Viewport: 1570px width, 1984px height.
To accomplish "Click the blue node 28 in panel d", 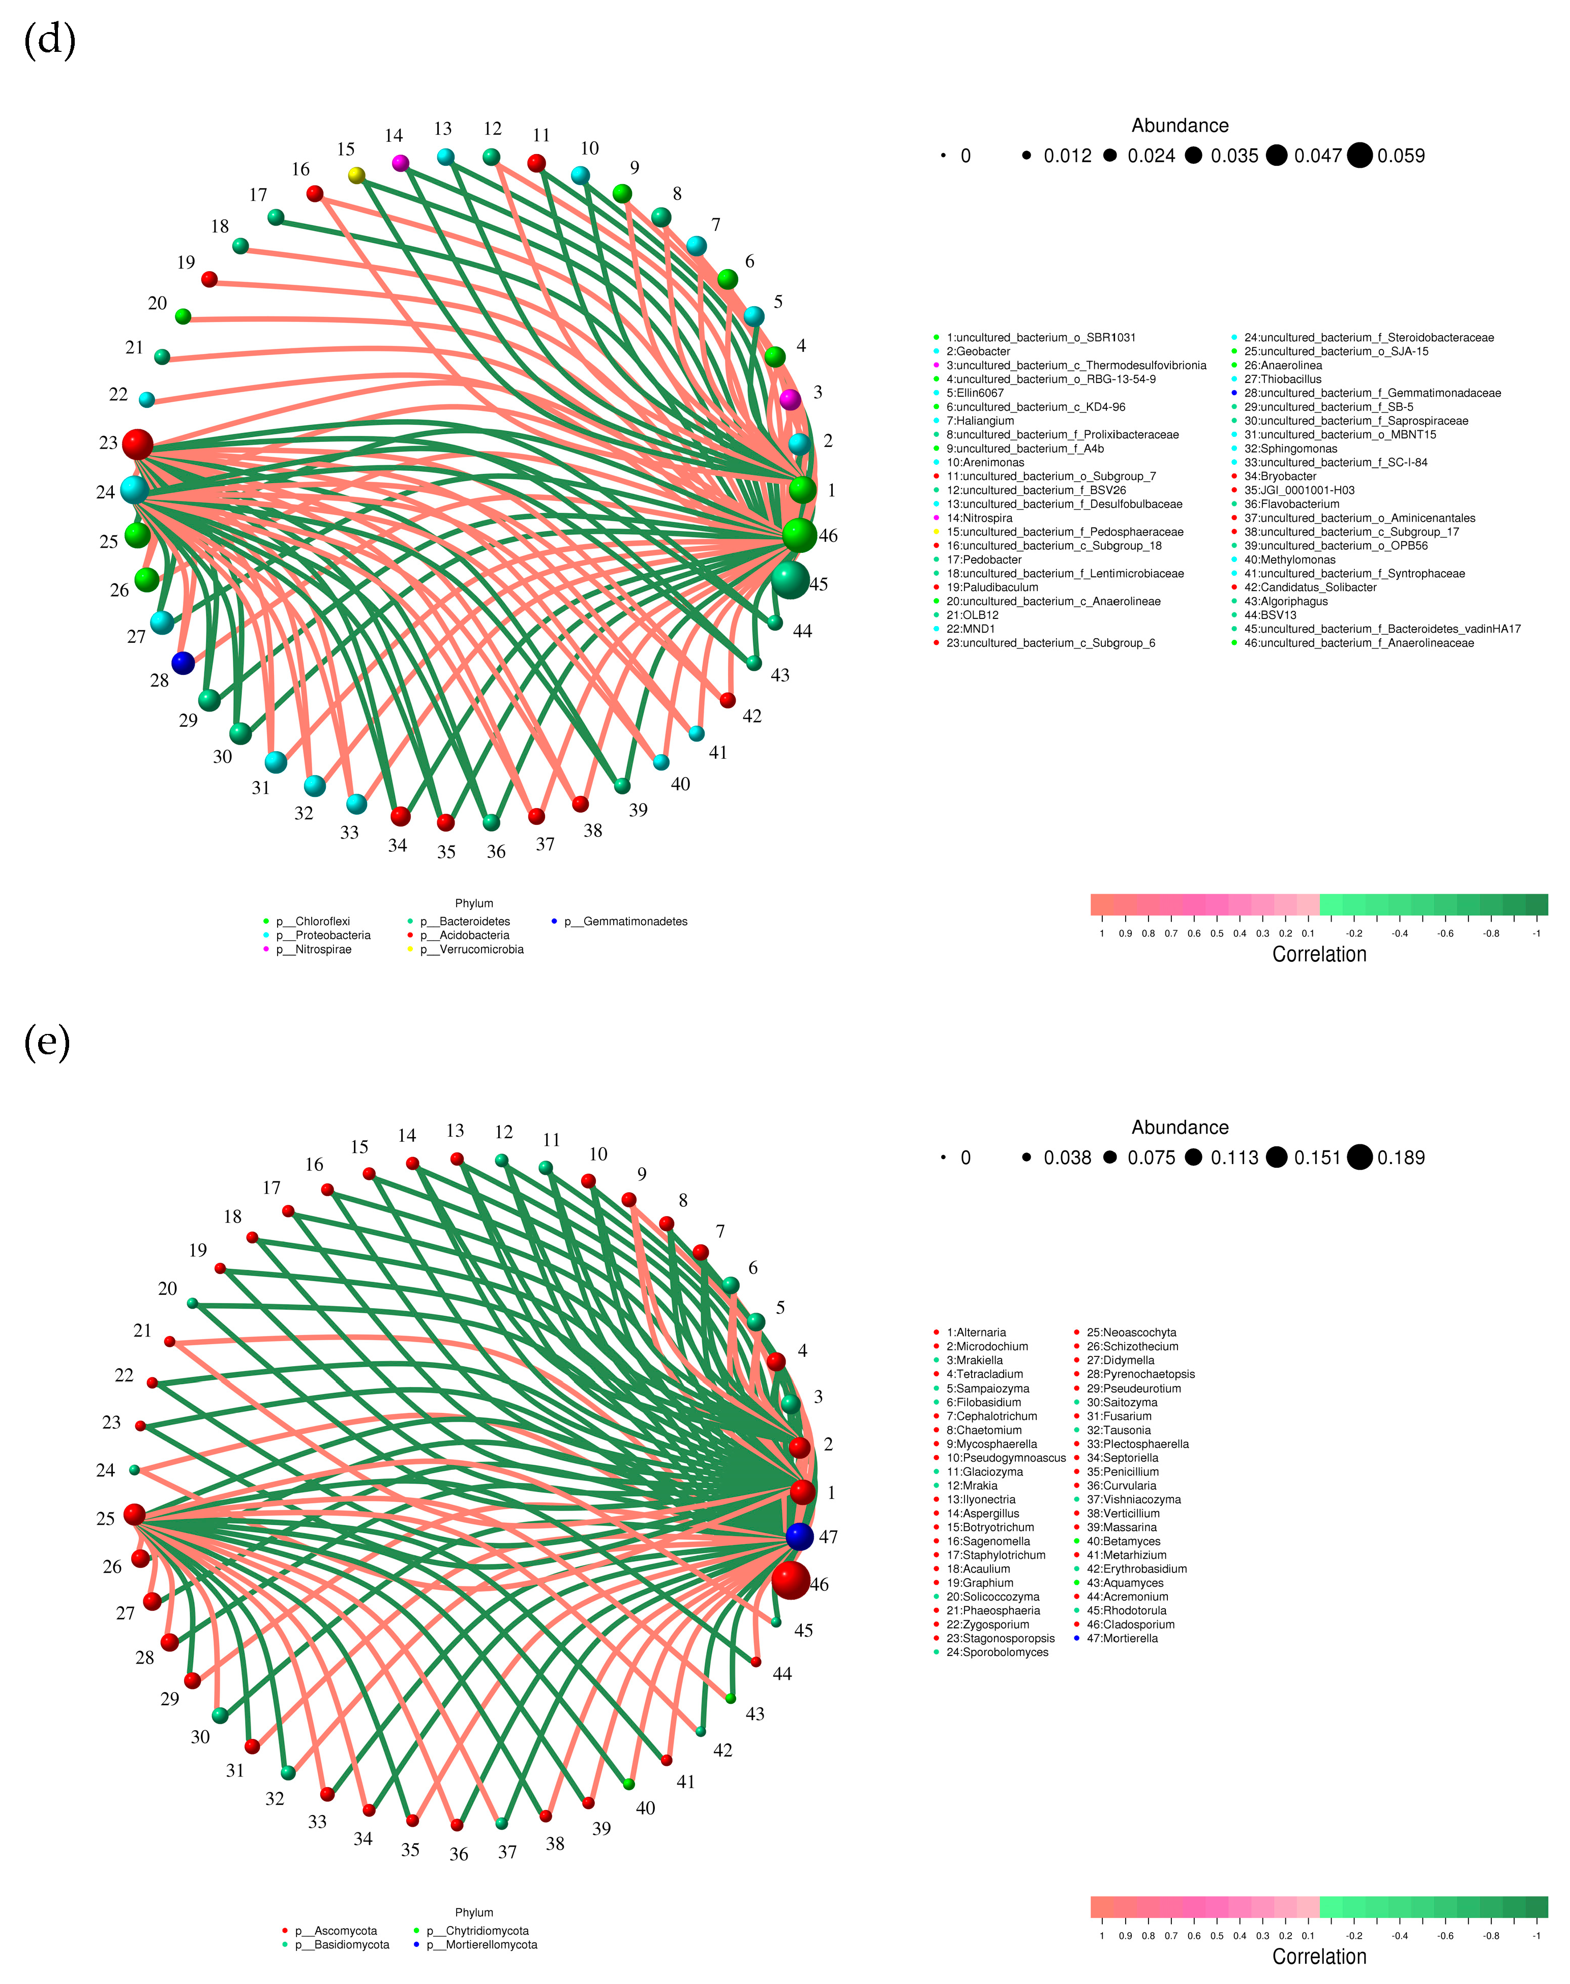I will coord(183,662).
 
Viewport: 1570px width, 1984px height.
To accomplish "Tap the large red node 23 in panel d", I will coord(137,444).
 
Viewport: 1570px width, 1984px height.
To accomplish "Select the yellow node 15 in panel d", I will coord(356,174).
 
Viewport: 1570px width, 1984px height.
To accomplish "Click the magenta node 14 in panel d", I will coord(400,163).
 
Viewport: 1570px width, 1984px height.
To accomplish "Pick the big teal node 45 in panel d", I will coord(790,580).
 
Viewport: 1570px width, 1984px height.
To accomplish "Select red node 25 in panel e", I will coord(134,1514).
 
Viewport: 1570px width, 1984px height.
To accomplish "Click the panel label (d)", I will coord(50,41).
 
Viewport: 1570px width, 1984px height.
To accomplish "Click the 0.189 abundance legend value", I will coord(1400,1158).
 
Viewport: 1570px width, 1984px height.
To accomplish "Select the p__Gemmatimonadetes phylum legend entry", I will coord(634,921).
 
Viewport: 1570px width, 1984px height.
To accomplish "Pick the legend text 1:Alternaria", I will coord(975,1332).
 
